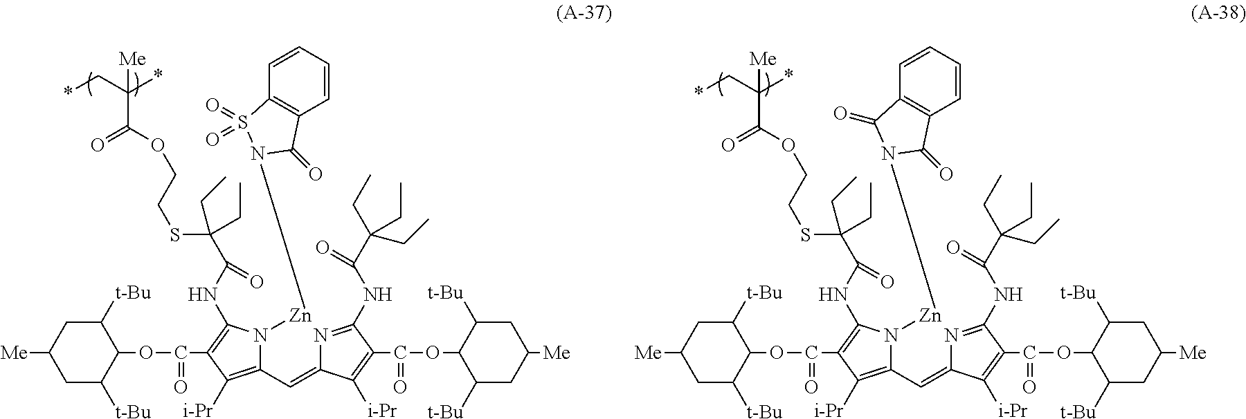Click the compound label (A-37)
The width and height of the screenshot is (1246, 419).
[584, 15]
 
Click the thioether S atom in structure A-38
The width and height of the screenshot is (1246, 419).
[805, 236]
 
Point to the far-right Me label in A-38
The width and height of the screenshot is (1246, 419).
[1191, 354]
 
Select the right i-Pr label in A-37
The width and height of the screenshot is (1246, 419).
[381, 411]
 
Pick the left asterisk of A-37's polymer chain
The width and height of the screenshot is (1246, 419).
[68, 90]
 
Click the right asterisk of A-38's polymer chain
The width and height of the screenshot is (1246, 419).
[791, 73]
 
